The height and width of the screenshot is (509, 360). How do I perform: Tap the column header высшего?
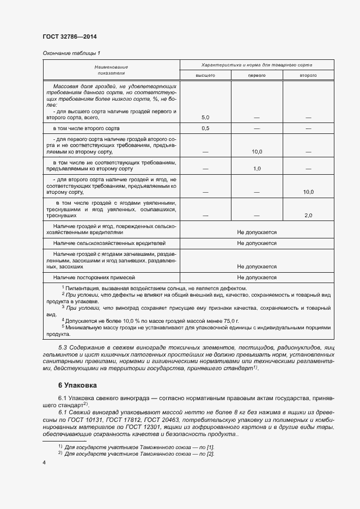(205, 75)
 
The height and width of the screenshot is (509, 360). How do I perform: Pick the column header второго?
(308, 75)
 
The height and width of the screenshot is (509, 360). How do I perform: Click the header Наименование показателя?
(111, 69)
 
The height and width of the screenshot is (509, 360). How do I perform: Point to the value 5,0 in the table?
(205, 117)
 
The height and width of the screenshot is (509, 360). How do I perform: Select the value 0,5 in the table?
(205, 128)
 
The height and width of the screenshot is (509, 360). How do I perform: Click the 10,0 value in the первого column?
(257, 152)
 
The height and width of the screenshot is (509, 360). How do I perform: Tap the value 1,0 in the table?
(257, 169)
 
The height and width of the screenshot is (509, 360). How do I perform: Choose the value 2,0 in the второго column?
(308, 216)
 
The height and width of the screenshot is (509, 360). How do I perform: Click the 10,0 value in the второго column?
(308, 192)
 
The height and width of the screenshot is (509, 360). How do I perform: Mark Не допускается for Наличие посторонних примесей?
(257, 278)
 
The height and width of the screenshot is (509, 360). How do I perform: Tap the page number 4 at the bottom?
(44, 462)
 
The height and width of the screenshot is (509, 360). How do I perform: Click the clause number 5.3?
(63, 347)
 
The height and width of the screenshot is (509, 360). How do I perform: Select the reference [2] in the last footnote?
(210, 453)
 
